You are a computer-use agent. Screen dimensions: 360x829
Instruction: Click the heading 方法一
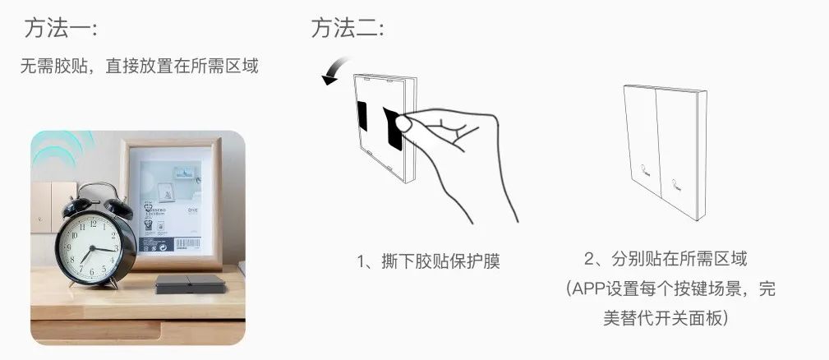tap(61, 30)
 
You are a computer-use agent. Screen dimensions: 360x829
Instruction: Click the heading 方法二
tap(347, 30)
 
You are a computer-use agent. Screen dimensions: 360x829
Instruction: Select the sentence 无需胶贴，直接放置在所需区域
tap(139, 66)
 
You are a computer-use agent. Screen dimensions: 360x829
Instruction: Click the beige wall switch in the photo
tap(51, 205)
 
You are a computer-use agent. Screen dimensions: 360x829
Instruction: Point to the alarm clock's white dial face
tap(94, 246)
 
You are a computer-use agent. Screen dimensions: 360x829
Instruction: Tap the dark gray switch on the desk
tap(191, 284)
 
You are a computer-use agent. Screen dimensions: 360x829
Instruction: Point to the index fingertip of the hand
tap(405, 124)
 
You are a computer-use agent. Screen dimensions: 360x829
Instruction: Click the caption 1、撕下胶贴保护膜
tap(428, 262)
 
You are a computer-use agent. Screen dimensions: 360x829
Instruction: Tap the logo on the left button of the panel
tap(645, 173)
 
